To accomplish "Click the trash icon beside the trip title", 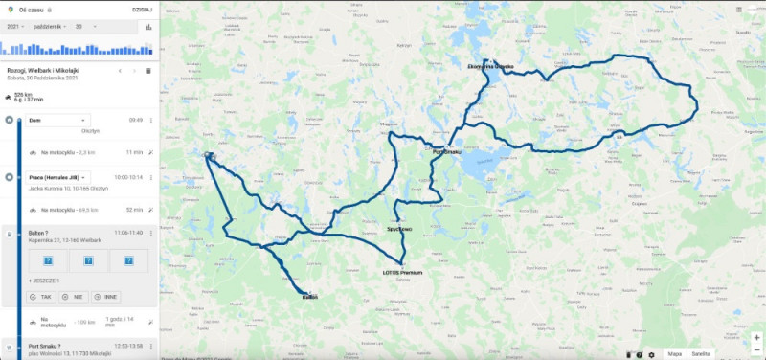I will coord(148,71).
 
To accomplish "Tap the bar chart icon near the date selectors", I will coord(148,27).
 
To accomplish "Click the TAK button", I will coord(40,297).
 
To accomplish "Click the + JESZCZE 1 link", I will coord(44,280).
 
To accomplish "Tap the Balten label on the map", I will coord(309,297).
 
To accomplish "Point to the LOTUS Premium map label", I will coord(395,273).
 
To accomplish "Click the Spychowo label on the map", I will coord(399,229).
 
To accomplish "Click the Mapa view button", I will coord(676,353).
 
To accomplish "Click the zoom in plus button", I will coord(756,338).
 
